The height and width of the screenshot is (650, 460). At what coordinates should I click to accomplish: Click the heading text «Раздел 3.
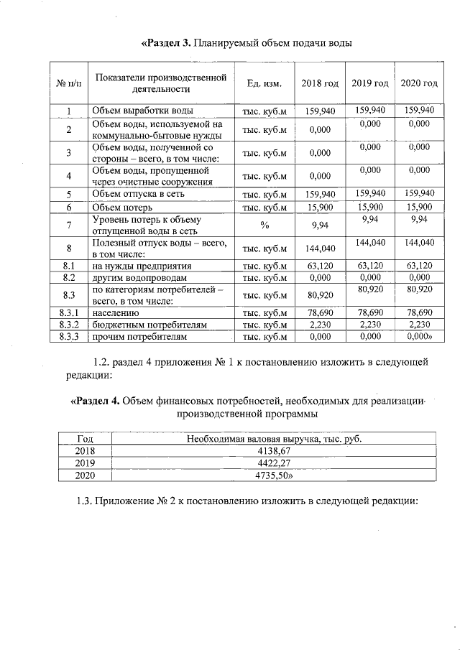[166, 43]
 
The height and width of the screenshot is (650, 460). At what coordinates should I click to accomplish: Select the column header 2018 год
[320, 84]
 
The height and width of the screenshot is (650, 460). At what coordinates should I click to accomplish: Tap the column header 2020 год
[418, 84]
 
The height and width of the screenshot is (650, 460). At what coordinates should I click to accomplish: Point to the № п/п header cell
[69, 84]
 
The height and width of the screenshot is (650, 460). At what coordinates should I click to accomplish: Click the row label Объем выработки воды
[142, 111]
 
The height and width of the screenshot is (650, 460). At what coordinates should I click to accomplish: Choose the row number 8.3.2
[69, 325]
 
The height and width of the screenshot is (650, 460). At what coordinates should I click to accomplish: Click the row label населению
[116, 313]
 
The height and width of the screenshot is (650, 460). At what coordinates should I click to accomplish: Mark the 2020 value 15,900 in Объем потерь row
[418, 207]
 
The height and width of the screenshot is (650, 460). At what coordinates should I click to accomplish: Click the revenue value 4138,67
[274, 450]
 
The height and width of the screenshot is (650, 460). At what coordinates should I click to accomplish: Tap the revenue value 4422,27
[274, 463]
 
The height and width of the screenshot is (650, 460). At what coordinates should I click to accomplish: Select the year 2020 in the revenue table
[85, 475]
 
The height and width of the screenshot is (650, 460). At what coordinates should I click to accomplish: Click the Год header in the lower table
[85, 438]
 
